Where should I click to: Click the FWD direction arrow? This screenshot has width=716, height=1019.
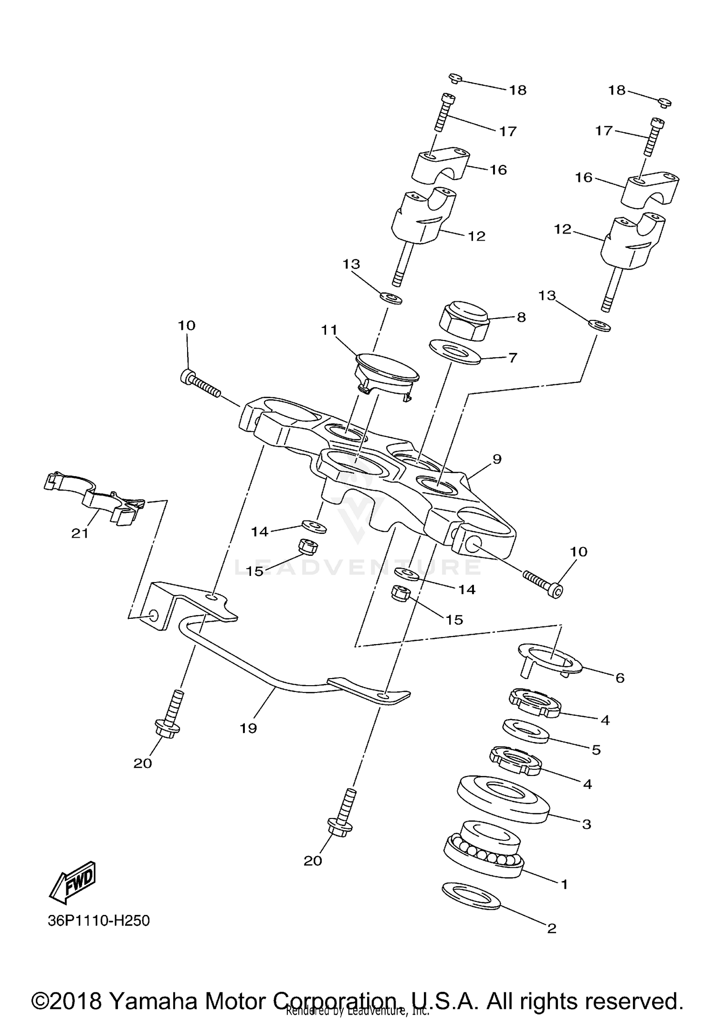(x=74, y=882)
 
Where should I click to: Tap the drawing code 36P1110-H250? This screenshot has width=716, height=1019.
(x=99, y=921)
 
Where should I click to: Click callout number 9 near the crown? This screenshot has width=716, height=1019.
(x=497, y=459)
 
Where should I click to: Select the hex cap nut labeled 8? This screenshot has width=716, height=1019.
(x=461, y=320)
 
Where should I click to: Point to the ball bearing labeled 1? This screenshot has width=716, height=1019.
(x=484, y=855)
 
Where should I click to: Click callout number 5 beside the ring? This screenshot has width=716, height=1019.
(x=596, y=750)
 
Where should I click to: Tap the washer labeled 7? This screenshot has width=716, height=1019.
(x=454, y=351)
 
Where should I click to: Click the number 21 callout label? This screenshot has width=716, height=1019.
(x=80, y=533)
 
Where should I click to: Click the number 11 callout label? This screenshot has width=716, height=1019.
(x=329, y=330)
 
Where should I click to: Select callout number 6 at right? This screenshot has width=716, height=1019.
(x=620, y=678)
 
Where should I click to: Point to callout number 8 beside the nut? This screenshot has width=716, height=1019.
(x=521, y=317)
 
